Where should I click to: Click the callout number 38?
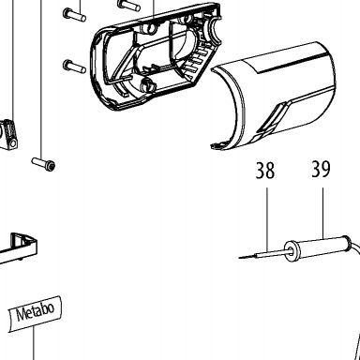(265, 171)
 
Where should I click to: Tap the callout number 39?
(321, 169)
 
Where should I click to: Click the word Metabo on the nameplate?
(36, 311)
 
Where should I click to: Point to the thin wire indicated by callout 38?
(262, 254)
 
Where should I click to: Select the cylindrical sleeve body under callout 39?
(322, 247)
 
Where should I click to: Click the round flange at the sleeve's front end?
(292, 251)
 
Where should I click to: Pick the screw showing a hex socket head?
(43, 164)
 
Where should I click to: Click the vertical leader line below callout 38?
(267, 219)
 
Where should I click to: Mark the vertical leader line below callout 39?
(322, 213)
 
